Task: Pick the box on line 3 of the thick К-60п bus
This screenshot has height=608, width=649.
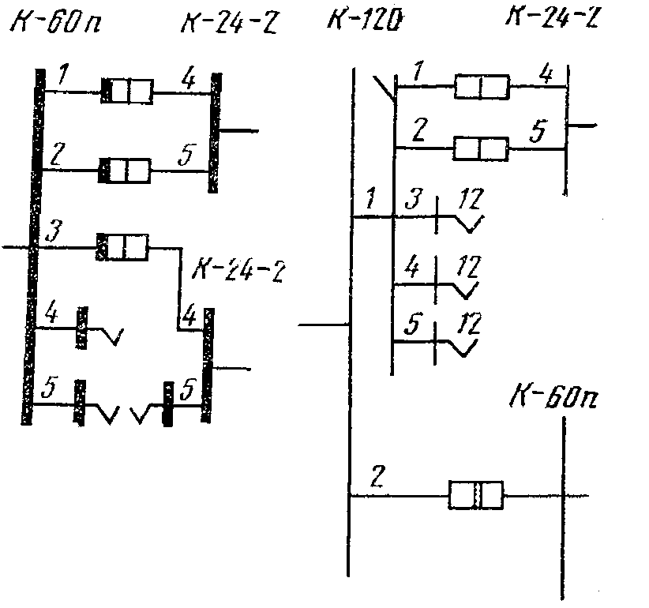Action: point(122,247)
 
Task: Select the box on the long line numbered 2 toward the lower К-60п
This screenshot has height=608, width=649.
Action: point(475,495)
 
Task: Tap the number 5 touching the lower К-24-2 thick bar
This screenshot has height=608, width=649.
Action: point(188,388)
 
